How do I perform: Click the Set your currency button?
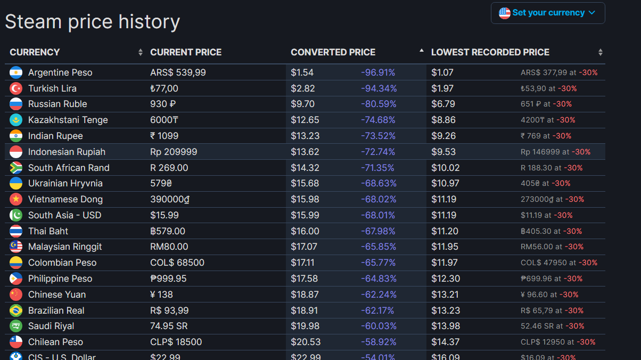[548, 13]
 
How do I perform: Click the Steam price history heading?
[93, 22]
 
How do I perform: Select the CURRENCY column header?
[35, 52]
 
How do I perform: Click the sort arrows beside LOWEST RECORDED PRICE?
[601, 52]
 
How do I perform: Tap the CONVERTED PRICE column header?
[333, 52]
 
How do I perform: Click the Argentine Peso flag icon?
[16, 72]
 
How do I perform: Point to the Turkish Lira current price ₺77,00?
[164, 88]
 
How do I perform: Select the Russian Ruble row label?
[57, 104]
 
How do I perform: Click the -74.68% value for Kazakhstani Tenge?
[378, 120]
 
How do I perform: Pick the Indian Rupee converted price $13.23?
[305, 136]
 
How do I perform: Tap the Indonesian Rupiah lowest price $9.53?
[443, 152]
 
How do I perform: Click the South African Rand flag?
[16, 168]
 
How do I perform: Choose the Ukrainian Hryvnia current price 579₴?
[161, 183]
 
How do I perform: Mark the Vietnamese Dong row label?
[65, 199]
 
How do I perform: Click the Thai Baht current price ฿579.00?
[168, 231]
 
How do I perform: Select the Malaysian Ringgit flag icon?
[16, 247]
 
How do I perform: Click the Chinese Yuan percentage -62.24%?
[379, 294]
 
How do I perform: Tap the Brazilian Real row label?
[56, 310]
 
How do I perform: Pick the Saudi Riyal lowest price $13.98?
[446, 326]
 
